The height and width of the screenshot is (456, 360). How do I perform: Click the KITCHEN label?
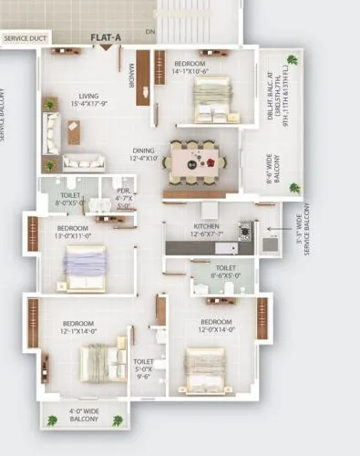point(208,229)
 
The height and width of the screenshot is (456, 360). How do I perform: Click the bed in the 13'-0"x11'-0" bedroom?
point(86,268)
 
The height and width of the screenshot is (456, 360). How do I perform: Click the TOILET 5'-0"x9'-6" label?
point(143,366)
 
